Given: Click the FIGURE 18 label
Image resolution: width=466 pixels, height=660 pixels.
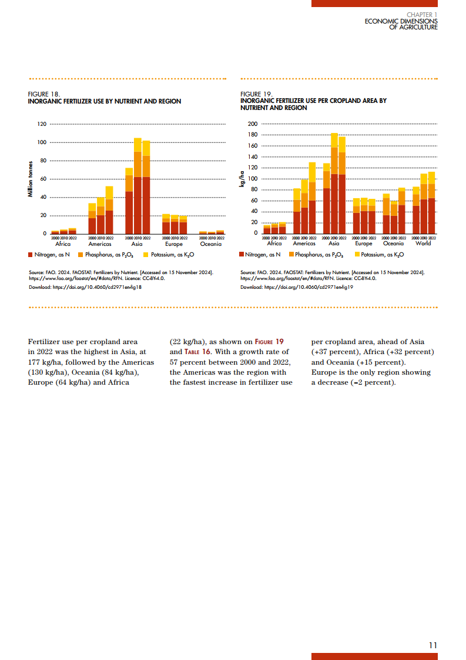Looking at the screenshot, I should coord(44,94).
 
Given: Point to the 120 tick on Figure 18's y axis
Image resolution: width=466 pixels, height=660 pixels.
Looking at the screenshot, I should coord(42,124).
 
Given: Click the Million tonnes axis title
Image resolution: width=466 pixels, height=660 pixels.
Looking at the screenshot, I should coord(30,179).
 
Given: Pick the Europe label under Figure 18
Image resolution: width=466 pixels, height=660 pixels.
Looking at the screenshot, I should coord(174,244).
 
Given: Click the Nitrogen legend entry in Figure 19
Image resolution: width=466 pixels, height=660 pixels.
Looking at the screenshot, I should coord(260,255).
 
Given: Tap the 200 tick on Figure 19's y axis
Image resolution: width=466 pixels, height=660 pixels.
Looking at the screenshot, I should coord(253,124).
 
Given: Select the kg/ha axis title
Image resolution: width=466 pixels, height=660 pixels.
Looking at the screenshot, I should coord(242,179).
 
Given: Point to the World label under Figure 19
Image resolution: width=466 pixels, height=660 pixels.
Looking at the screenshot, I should coord(423,243).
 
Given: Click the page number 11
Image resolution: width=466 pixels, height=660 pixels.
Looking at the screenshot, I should coord(433,645).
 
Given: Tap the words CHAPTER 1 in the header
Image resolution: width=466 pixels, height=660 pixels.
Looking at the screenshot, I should coord(422,14).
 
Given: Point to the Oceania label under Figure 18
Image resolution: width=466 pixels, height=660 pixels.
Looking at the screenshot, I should coord(211,244).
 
